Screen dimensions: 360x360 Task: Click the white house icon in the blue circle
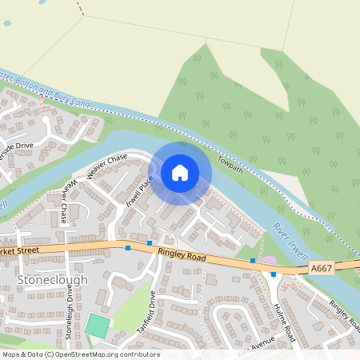coord(180,172)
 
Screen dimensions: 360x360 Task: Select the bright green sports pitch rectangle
coord(98,325)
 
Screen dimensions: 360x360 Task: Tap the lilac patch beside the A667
coord(269,261)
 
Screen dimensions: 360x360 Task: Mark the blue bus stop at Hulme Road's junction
coord(274,274)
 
